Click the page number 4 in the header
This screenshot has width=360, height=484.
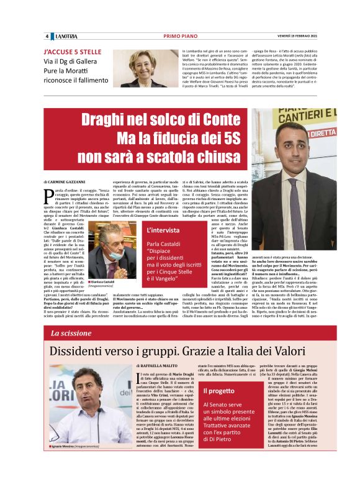(x=47, y=36)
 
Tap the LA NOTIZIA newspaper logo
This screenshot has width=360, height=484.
(x=65, y=36)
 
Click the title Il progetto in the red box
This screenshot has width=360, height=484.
(x=220, y=390)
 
